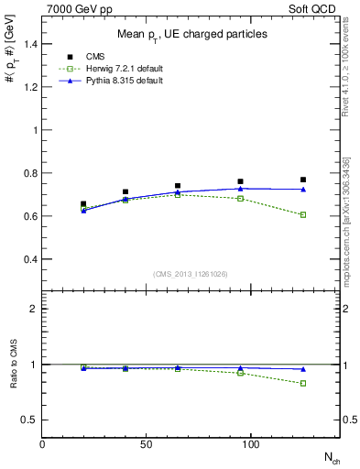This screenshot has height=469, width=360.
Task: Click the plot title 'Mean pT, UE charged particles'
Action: point(191,34)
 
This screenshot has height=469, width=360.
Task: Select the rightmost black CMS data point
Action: point(302,180)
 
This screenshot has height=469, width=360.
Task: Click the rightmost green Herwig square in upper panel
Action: point(302,214)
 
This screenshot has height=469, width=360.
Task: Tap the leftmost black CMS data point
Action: point(83,204)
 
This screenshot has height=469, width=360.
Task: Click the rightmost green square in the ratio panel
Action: point(302,383)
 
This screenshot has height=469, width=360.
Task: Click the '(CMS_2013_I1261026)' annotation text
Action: point(191,274)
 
